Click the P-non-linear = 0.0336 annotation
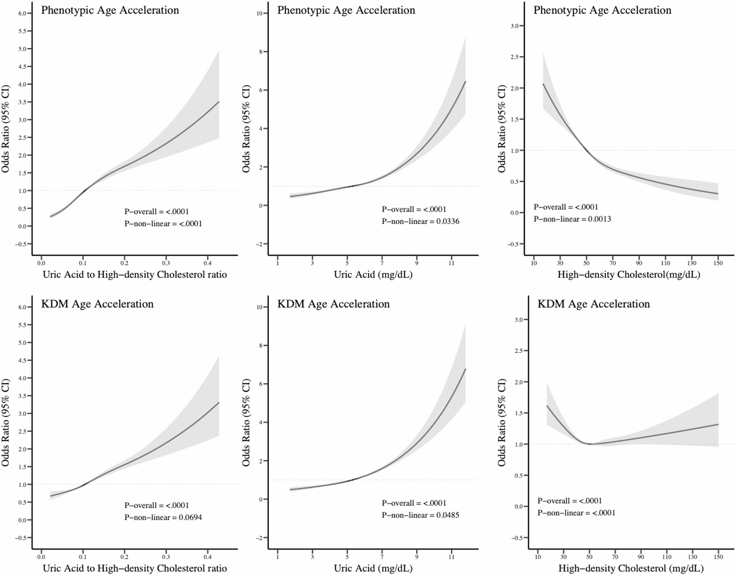[420, 221]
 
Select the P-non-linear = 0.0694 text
[163, 518]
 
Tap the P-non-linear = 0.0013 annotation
[572, 219]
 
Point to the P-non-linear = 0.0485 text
[420, 515]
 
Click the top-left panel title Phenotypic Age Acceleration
[110, 10]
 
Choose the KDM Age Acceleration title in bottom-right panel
[593, 304]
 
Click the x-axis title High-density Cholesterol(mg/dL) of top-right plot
[629, 275]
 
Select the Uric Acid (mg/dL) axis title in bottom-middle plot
[373, 568]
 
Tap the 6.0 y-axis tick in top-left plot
[22, 14]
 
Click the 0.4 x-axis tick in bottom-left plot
[207, 557]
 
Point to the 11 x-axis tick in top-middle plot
[451, 263]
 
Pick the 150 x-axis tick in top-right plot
[718, 263]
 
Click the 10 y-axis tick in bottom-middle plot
[260, 307]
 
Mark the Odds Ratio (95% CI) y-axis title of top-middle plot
[246, 129]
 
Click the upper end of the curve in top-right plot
[543, 84]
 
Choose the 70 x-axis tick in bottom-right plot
[615, 557]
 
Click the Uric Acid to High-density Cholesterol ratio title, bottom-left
[135, 568]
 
